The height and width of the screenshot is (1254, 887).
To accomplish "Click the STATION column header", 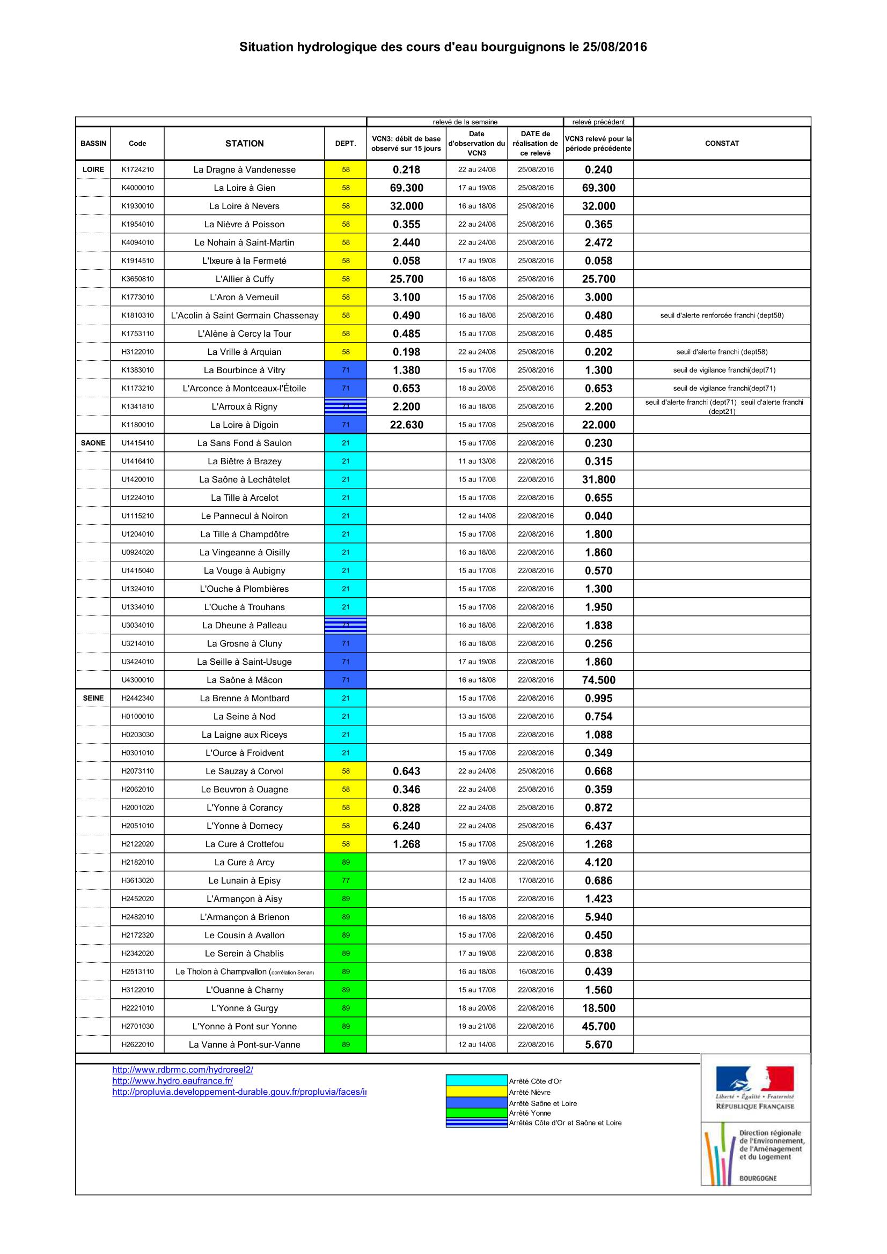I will pyautogui.click(x=244, y=144).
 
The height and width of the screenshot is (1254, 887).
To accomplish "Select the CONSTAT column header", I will pyautogui.click(x=721, y=144).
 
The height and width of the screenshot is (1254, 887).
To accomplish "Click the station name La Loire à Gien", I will pyautogui.click(x=244, y=188).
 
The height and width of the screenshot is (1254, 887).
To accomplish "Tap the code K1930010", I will pyautogui.click(x=137, y=206).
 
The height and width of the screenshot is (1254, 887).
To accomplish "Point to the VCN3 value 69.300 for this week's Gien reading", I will pyautogui.click(x=406, y=188).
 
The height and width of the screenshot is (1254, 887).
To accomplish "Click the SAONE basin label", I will pyautogui.click(x=93, y=443).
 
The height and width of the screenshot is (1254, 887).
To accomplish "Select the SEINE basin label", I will pyautogui.click(x=93, y=698).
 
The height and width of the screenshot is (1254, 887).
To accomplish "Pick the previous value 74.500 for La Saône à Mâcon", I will pyautogui.click(x=598, y=680).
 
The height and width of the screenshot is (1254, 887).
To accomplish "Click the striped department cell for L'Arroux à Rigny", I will pyautogui.click(x=346, y=406).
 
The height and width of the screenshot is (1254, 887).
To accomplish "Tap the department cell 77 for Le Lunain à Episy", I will pyautogui.click(x=346, y=880).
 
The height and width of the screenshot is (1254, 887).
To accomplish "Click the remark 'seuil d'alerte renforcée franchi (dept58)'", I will pyautogui.click(x=721, y=315).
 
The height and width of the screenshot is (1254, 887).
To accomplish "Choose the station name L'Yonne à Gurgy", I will pyautogui.click(x=244, y=1008).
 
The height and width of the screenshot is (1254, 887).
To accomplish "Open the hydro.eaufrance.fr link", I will pyautogui.click(x=173, y=1081).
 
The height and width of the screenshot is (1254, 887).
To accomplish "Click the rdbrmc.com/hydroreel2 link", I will pyautogui.click(x=182, y=1070).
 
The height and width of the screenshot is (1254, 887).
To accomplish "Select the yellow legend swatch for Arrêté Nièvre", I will pyautogui.click(x=477, y=1092).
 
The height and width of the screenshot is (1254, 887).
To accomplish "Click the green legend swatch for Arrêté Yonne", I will pyautogui.click(x=477, y=1112).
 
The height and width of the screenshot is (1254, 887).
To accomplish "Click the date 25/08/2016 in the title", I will pyautogui.click(x=614, y=47).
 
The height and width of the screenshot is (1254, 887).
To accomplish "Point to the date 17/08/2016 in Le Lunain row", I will pyautogui.click(x=536, y=880).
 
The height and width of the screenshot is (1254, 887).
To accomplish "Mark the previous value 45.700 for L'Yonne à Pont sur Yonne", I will pyautogui.click(x=598, y=1026).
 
